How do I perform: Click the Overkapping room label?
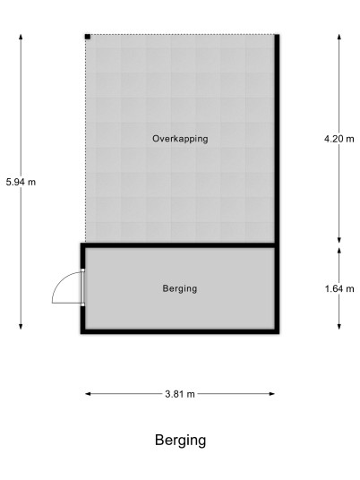tap(180, 139)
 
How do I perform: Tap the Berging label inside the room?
tap(180, 288)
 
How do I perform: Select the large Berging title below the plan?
tap(180, 441)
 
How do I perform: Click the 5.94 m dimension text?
tap(21, 182)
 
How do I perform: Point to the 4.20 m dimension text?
tap(339, 139)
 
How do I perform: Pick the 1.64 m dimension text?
tap(339, 288)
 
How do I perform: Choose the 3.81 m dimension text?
tap(180, 394)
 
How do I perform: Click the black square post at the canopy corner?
tap(88, 37)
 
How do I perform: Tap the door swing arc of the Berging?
tap(61, 280)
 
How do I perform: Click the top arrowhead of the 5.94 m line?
tap(21, 37)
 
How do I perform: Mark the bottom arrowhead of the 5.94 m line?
tap(21, 326)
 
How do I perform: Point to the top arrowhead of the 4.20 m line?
tap(339, 37)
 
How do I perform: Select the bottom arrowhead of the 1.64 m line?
tap(339, 326)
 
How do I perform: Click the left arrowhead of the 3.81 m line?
tap(88, 394)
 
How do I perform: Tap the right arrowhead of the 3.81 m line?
tap(272, 394)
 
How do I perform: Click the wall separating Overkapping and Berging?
tap(180, 245)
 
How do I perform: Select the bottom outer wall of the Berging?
tap(180, 331)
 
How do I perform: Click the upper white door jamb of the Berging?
tap(82, 270)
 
